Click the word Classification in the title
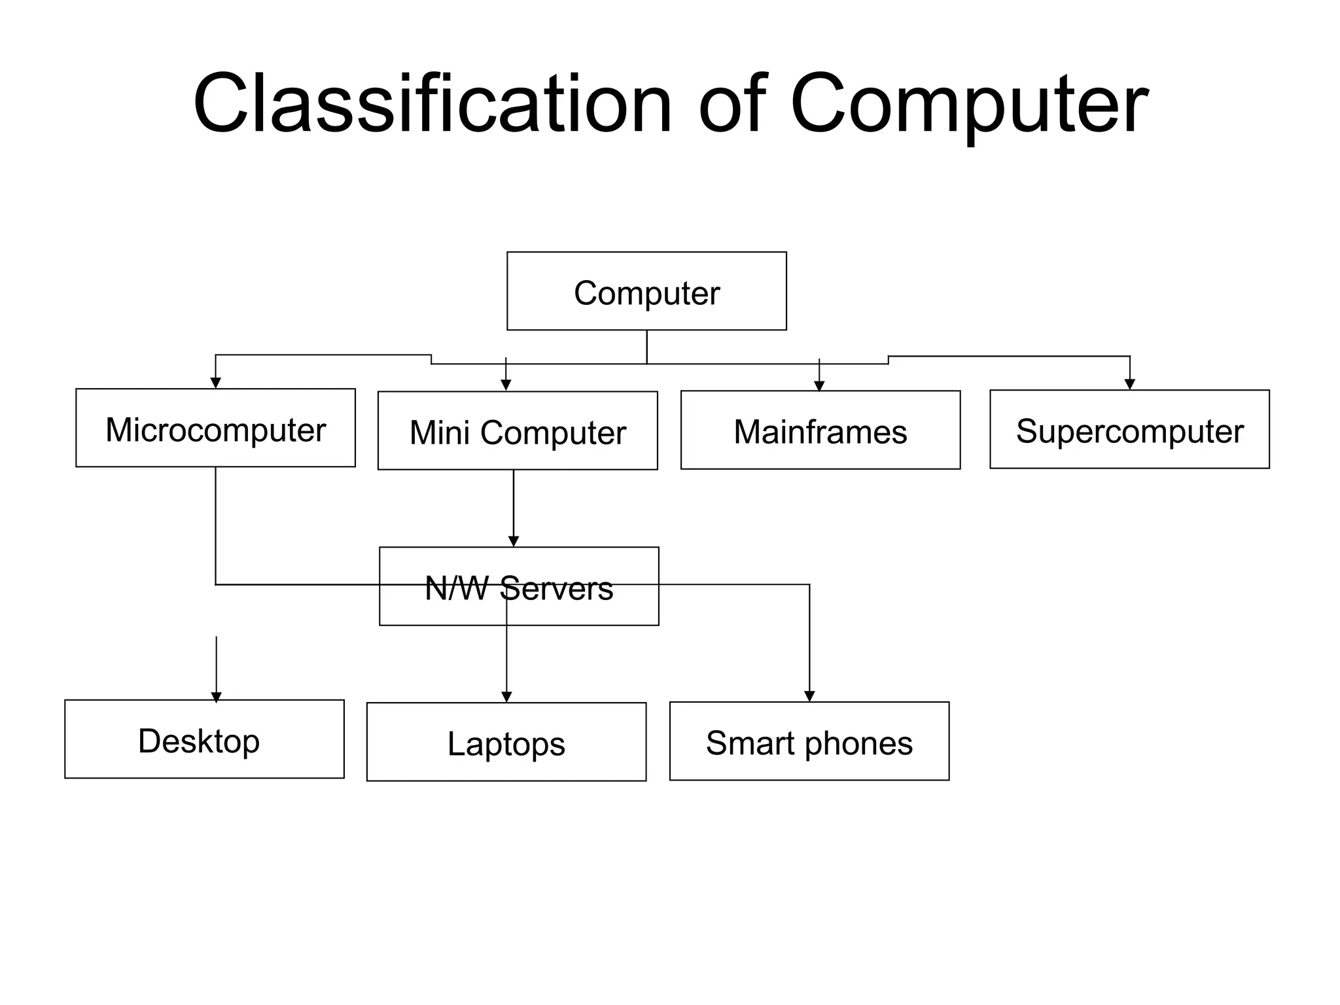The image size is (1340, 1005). (x=432, y=105)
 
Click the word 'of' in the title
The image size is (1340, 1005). (x=732, y=105)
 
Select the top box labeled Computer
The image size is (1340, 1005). (x=646, y=291)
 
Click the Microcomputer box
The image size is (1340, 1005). (x=215, y=429)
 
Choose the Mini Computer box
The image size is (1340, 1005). (x=518, y=431)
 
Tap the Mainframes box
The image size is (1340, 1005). (x=820, y=431)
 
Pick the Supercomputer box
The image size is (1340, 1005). (x=1129, y=430)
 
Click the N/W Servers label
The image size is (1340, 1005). (x=519, y=588)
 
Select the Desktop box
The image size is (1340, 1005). (x=204, y=739)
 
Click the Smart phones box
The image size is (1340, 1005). (x=809, y=742)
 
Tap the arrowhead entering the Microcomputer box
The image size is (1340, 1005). (x=215, y=383)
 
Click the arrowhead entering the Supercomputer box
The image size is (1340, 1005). (x=1129, y=385)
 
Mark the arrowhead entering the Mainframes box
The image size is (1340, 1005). (x=819, y=386)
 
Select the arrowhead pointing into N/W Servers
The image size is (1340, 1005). (x=514, y=541)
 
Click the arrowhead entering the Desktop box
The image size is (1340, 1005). (x=217, y=697)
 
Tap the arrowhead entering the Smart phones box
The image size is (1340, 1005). (x=809, y=696)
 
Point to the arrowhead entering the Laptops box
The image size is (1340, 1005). (x=506, y=697)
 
